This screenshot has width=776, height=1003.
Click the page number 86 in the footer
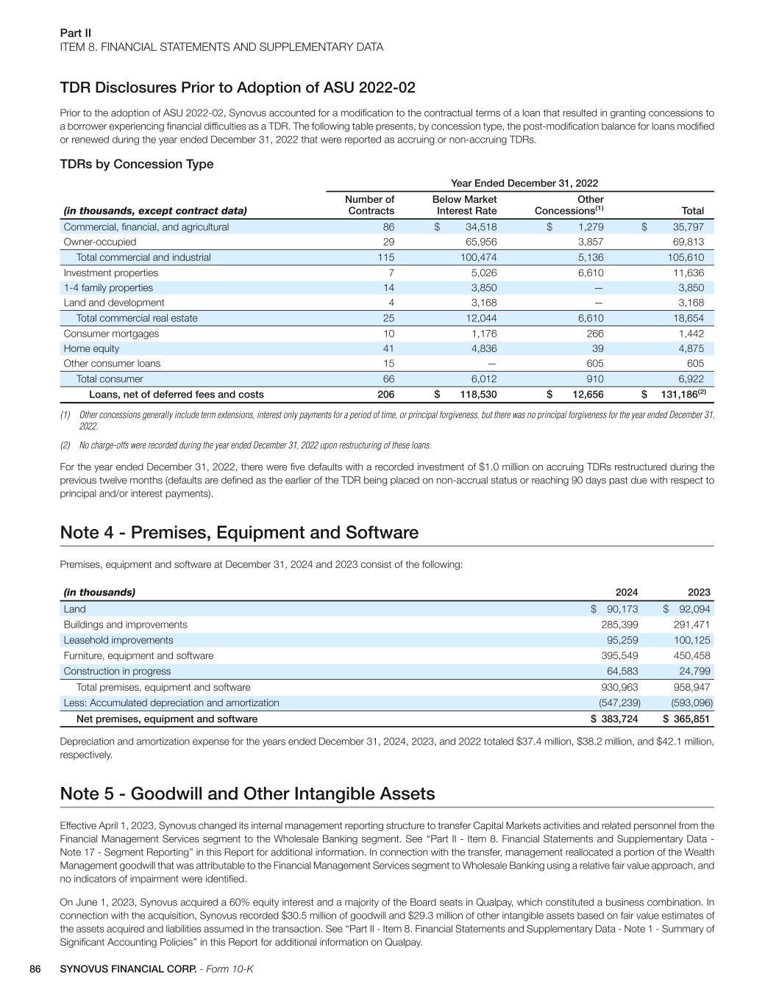35,969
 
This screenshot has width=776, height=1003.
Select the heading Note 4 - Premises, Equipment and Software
239,533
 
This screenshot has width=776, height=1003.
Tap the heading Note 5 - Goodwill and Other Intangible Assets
247,794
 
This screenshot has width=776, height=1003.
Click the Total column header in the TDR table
692,211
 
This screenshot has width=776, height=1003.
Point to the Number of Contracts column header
369,205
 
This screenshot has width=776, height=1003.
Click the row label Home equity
91,348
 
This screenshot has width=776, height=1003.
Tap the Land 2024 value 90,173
622,609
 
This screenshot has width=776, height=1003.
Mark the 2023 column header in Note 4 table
699,592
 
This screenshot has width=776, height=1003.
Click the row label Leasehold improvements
118,640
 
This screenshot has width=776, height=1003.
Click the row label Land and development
114,303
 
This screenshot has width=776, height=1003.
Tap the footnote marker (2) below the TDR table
65,445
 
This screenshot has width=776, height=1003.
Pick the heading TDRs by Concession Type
137,164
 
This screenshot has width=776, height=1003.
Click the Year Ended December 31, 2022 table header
524,183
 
